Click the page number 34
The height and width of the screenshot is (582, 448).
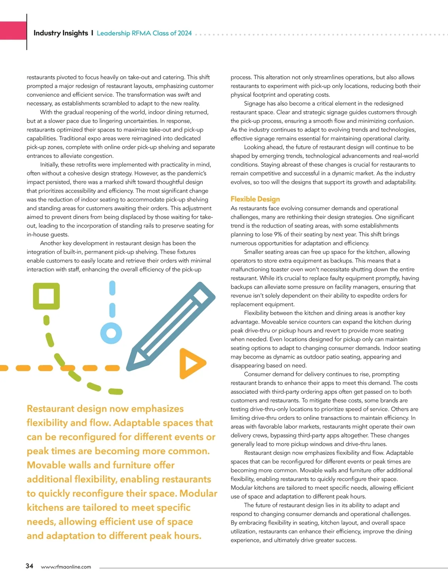coord(29,566)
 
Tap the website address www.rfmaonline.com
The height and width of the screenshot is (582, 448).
coord(66,567)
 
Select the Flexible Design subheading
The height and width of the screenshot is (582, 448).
coord(255,199)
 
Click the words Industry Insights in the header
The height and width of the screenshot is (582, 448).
coord(61,33)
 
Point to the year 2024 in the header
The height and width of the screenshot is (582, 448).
coord(185,33)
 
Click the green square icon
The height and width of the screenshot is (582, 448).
coord(46,296)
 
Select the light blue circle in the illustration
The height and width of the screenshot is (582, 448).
coord(111,333)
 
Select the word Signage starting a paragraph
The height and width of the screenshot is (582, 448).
coord(255,103)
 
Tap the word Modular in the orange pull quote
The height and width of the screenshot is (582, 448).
coord(198,493)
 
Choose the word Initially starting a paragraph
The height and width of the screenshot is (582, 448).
coord(50,165)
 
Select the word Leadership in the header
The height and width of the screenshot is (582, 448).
coord(113,33)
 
